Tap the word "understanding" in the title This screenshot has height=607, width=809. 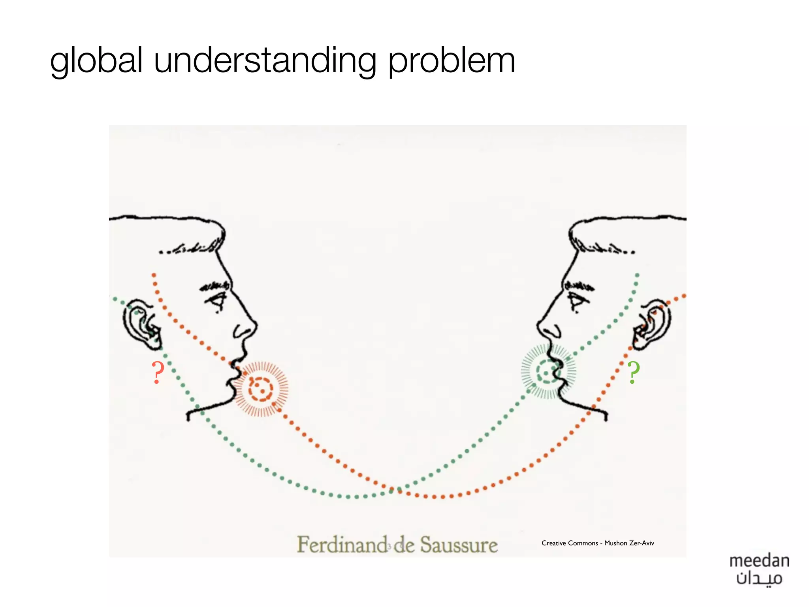tap(265, 61)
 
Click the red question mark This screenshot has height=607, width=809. tap(158, 372)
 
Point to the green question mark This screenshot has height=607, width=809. tap(634, 372)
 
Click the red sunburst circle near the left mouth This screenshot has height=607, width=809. tap(260, 389)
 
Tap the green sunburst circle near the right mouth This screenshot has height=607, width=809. tap(548, 371)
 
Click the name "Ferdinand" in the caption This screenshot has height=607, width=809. tap(342, 545)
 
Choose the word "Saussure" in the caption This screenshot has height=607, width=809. tap(459, 545)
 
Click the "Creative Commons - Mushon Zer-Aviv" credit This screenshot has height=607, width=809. tap(597, 543)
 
